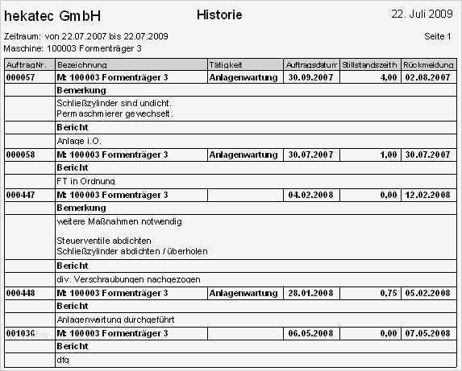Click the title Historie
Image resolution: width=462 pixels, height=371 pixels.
[219, 15]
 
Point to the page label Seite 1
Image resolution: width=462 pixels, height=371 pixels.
[438, 37]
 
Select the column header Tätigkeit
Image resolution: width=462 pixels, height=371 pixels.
[226, 64]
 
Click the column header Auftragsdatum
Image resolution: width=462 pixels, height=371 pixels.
[310, 64]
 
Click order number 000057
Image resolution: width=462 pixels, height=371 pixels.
[20, 77]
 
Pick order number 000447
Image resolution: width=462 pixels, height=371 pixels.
[20, 195]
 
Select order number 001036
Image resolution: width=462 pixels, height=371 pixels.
[20, 332]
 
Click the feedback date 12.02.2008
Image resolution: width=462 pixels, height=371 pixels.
[427, 195]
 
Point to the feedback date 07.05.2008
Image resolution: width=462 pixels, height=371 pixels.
[427, 332]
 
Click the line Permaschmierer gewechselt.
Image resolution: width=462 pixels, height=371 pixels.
[115, 114]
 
